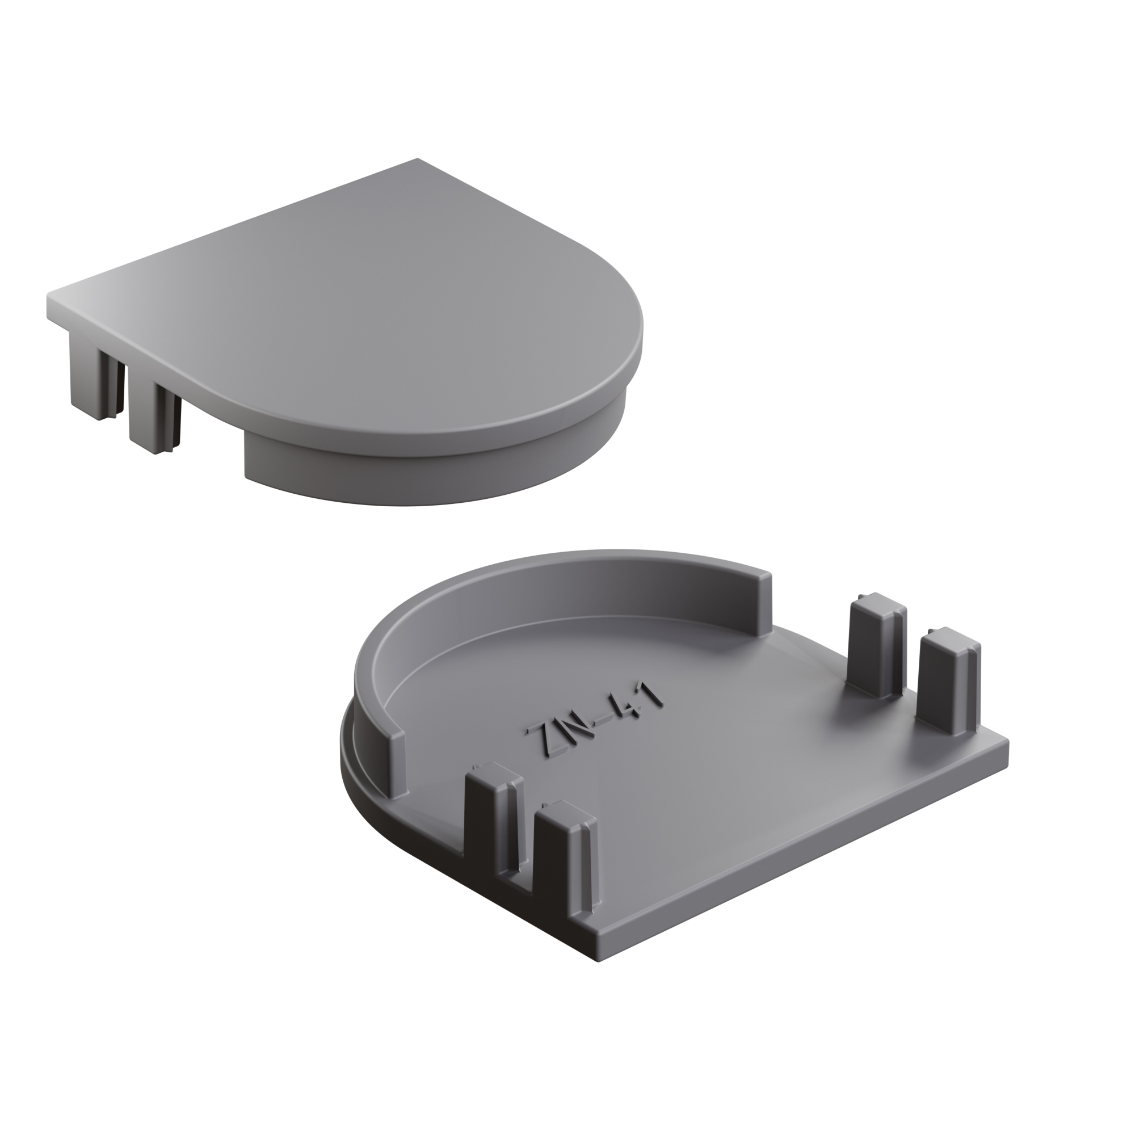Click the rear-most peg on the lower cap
point(875,646)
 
